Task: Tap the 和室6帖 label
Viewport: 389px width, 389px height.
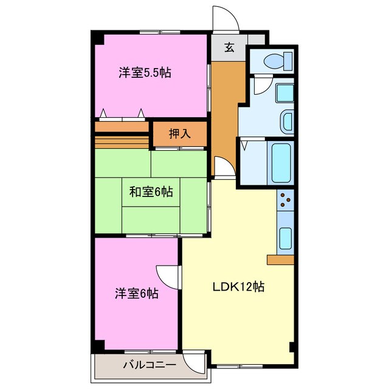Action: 151,192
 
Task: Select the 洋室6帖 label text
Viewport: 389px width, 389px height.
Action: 137,294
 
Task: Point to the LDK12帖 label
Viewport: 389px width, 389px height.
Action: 238,287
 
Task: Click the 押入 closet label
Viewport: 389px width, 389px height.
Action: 179,134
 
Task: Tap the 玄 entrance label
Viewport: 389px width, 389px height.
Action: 229,48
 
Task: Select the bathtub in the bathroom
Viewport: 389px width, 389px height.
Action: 281,163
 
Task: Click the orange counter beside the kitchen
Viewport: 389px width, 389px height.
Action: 280,260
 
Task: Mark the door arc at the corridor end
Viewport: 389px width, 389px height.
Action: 222,167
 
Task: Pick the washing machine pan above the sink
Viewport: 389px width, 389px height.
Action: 283,92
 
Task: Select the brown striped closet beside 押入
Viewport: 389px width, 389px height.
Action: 122,134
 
